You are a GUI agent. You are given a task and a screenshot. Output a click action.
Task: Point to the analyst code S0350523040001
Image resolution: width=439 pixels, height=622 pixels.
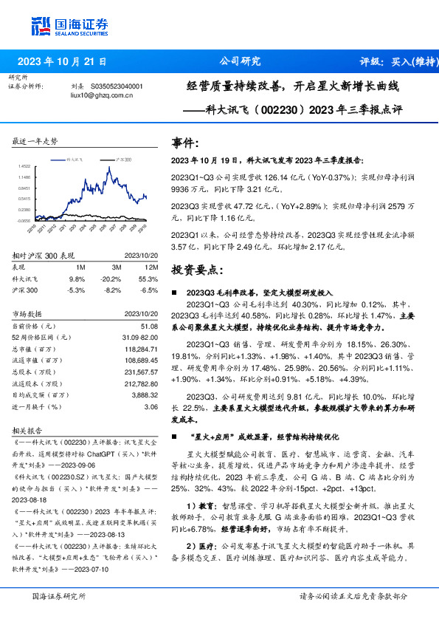117,86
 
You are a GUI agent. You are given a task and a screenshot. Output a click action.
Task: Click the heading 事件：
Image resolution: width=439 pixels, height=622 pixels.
184,143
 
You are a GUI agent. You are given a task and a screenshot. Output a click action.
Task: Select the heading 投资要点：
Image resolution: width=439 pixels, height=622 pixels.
193,271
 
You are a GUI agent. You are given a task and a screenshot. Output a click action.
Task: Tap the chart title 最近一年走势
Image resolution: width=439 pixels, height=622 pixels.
35,140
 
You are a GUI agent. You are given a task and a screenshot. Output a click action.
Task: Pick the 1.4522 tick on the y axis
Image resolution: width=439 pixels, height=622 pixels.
25,166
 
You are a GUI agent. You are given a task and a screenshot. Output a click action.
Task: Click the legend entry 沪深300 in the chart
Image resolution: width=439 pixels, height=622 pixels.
123,160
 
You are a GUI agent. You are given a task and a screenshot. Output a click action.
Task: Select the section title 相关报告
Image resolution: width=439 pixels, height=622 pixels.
29,430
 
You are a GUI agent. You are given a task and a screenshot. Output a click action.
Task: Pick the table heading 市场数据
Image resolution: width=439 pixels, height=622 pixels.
29,313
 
